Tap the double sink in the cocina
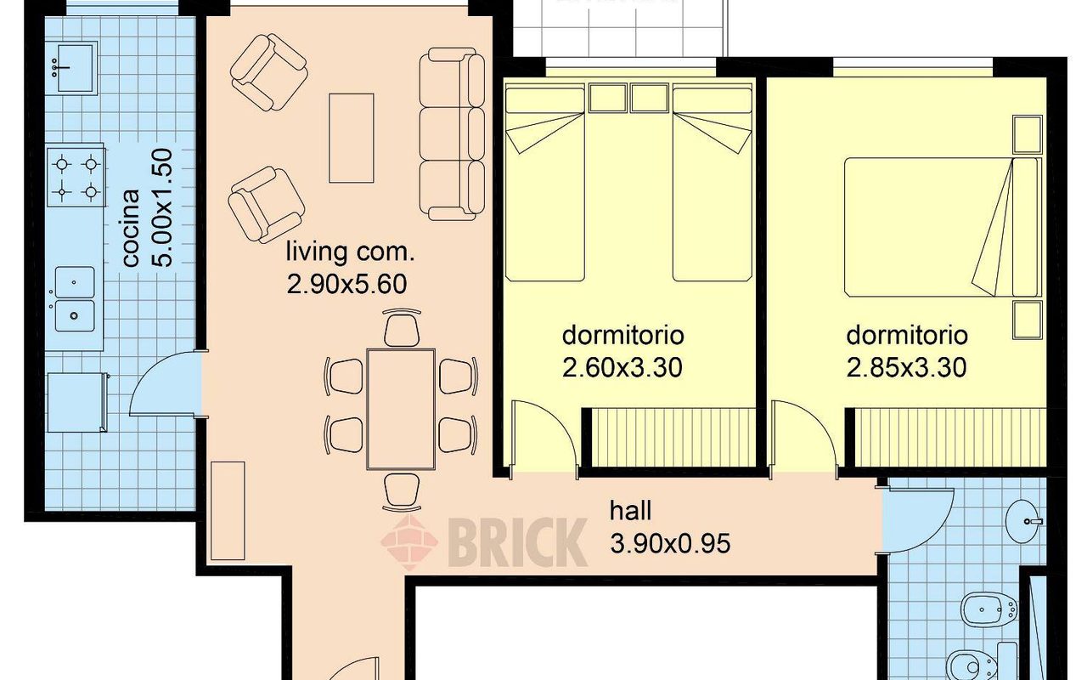click(x=75, y=298)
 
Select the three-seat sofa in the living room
click(x=452, y=134)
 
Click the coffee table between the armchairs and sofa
click(x=352, y=138)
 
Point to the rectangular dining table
click(x=401, y=409)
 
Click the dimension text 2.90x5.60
click(x=346, y=284)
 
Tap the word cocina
click(x=131, y=228)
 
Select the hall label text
click(x=630, y=511)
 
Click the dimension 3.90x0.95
click(x=670, y=543)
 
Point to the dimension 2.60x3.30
click(x=622, y=367)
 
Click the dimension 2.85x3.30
click(x=906, y=367)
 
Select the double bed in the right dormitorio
click(x=943, y=227)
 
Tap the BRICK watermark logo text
click(x=517, y=541)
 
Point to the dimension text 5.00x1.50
click(x=162, y=207)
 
